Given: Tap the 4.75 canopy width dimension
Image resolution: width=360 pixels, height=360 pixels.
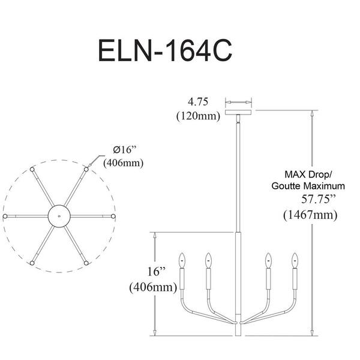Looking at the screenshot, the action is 198,102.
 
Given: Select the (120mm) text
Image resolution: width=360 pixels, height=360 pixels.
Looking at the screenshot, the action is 198,116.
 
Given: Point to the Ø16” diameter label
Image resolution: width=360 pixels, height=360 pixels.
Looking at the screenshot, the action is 125,150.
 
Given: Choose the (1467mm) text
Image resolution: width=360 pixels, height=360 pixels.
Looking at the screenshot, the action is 310,215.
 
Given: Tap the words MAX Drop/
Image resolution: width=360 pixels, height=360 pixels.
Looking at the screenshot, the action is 308,175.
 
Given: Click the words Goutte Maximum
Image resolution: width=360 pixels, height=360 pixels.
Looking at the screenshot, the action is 308,186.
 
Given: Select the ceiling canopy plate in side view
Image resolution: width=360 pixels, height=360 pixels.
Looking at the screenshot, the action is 238,112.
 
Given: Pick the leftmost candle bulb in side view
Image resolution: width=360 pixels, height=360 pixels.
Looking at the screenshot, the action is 182,260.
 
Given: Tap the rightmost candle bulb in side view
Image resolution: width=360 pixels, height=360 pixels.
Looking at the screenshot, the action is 295,260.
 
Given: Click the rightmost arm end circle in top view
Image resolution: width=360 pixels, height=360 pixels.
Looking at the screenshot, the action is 113,216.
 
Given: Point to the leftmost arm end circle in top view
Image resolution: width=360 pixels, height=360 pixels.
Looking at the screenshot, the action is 5,216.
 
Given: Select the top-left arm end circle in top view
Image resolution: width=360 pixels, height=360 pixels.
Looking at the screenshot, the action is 32,169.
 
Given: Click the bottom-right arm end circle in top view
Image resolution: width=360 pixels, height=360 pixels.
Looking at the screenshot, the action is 86,263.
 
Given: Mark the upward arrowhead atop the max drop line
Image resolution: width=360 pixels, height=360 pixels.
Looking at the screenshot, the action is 312,113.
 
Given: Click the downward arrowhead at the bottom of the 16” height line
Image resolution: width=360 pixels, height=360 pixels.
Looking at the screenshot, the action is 155,332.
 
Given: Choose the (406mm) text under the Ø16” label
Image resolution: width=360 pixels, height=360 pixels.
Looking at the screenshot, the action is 124,163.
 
